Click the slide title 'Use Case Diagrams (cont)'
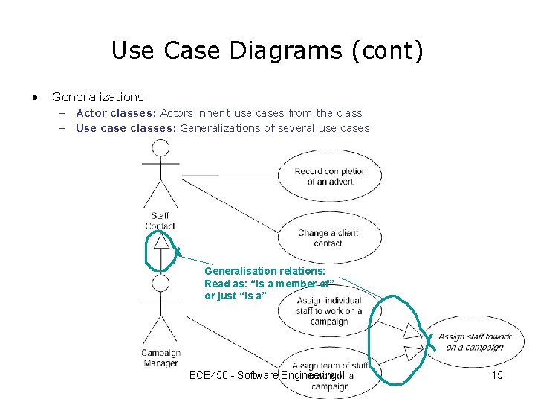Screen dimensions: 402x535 [x=267, y=51]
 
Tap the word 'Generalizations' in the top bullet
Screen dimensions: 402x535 [x=97, y=97]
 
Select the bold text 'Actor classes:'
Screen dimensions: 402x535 [x=115, y=113]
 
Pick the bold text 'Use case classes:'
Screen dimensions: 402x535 [x=126, y=128]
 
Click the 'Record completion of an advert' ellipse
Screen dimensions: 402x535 [x=330, y=176]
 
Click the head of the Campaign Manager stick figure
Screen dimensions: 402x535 [x=160, y=283]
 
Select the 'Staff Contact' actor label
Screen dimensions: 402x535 [x=160, y=221]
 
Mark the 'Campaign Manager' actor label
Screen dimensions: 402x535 [x=160, y=358]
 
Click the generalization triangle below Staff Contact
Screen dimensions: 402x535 [x=161, y=240]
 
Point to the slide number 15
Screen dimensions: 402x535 [x=497, y=375]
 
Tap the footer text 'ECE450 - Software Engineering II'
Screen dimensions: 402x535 [x=267, y=375]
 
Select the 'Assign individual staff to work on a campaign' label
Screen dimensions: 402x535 [x=329, y=311]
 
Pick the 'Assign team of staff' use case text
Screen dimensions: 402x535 [x=329, y=366]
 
